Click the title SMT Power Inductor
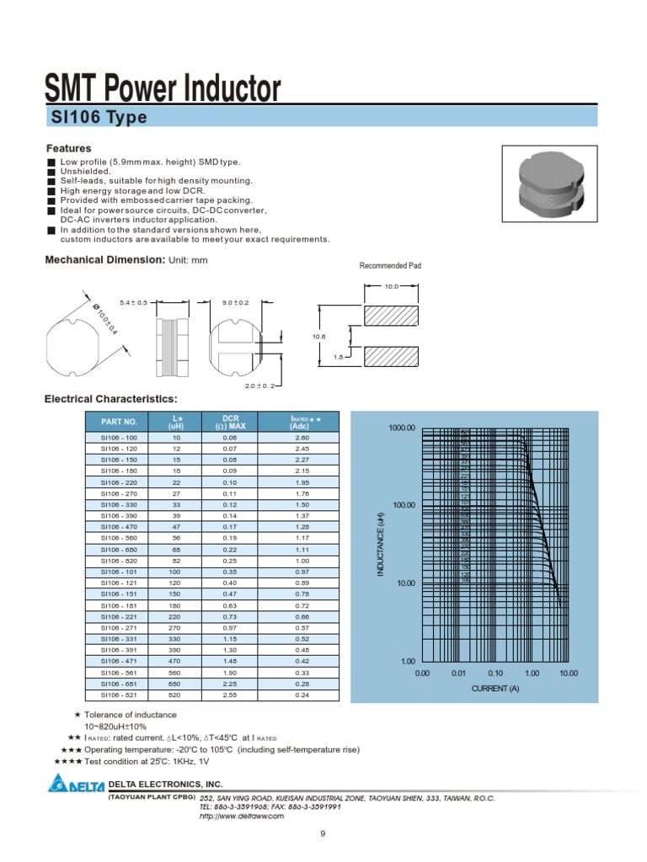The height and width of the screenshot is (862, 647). [x=162, y=89]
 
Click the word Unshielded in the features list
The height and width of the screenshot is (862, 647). [x=85, y=171]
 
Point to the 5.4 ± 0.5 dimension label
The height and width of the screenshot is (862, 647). [x=133, y=302]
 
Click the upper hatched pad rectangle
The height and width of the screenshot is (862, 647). [x=390, y=317]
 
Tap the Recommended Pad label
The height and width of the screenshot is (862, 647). [x=390, y=266]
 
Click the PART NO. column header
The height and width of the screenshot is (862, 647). [x=119, y=421]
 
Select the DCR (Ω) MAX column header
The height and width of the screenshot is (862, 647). [x=230, y=421]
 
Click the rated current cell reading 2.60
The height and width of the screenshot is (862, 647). [x=302, y=438]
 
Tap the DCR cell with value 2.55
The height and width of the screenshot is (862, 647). [x=230, y=695]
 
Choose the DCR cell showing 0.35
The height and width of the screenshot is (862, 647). [x=230, y=571]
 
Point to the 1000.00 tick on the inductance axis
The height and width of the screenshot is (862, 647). [x=403, y=428]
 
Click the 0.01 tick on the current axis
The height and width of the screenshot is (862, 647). [x=458, y=673]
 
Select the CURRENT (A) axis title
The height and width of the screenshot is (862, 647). [x=495, y=689]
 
